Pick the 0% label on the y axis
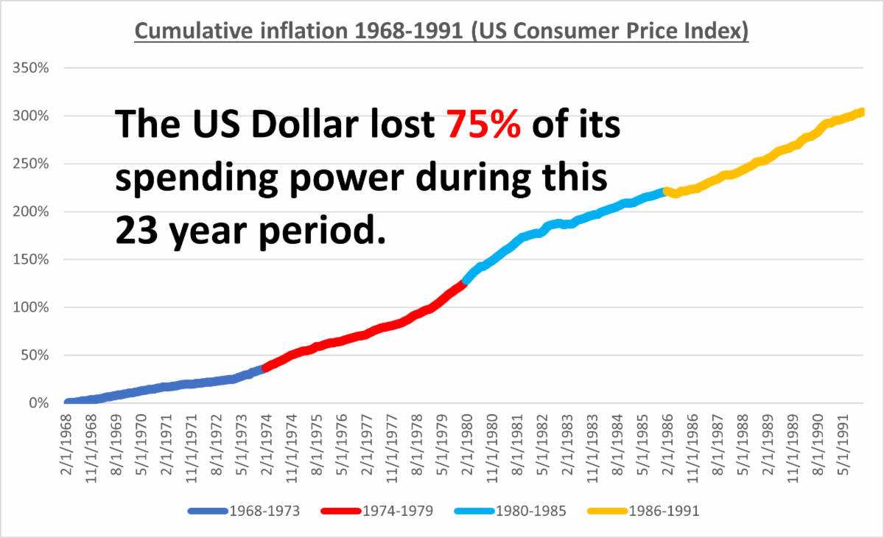[x=38, y=403]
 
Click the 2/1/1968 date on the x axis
[x=68, y=446]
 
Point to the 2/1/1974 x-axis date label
[x=267, y=446]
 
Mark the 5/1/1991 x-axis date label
[x=846, y=446]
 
